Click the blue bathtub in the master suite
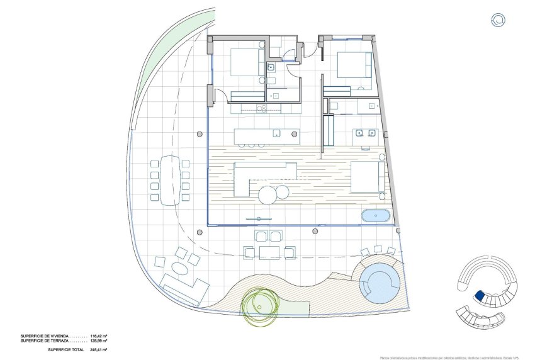376,217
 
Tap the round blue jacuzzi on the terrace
380,283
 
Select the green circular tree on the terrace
259,303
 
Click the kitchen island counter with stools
266,136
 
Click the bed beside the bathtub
368,177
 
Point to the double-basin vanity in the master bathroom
364,133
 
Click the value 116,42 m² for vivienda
99,337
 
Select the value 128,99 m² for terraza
99,341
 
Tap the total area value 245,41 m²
99,349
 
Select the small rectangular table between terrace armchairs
269,252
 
